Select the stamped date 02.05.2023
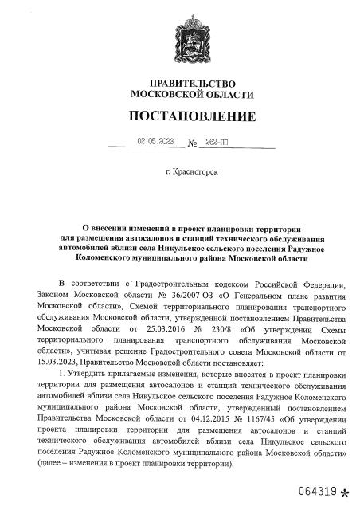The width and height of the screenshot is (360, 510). pos(155,142)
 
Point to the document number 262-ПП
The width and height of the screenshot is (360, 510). pos(217,143)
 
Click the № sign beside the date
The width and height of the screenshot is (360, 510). pos(192,143)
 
